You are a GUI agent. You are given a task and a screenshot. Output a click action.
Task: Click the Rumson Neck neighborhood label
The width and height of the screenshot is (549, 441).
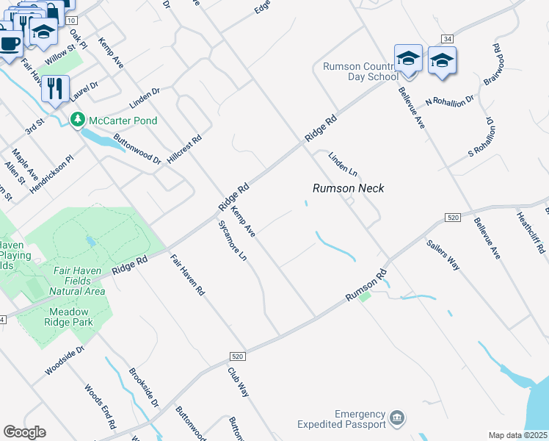point(349,188)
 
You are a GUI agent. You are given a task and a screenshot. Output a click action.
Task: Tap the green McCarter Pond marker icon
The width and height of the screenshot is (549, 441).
point(76,119)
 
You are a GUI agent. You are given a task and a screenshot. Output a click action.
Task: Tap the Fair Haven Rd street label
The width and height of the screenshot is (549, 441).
point(187,275)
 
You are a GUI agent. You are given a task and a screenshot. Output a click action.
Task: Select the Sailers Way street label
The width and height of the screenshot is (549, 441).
point(443,254)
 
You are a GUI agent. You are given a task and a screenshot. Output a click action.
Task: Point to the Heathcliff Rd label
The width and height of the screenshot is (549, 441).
point(531,232)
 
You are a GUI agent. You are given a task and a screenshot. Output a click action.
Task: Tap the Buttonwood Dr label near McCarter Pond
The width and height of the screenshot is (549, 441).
point(137,148)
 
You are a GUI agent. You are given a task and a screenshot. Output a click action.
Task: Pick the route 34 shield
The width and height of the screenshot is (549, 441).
point(446,38)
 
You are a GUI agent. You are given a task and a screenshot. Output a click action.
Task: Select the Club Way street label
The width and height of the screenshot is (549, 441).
point(239,382)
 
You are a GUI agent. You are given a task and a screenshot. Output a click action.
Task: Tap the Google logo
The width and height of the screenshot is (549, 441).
point(24,432)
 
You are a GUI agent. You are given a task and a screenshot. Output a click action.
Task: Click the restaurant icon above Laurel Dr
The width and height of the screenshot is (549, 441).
point(55,88)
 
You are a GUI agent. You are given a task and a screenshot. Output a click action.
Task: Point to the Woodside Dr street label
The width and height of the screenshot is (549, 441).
point(65,361)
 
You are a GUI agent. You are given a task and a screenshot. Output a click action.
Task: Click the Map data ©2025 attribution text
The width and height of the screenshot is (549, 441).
point(517,435)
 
